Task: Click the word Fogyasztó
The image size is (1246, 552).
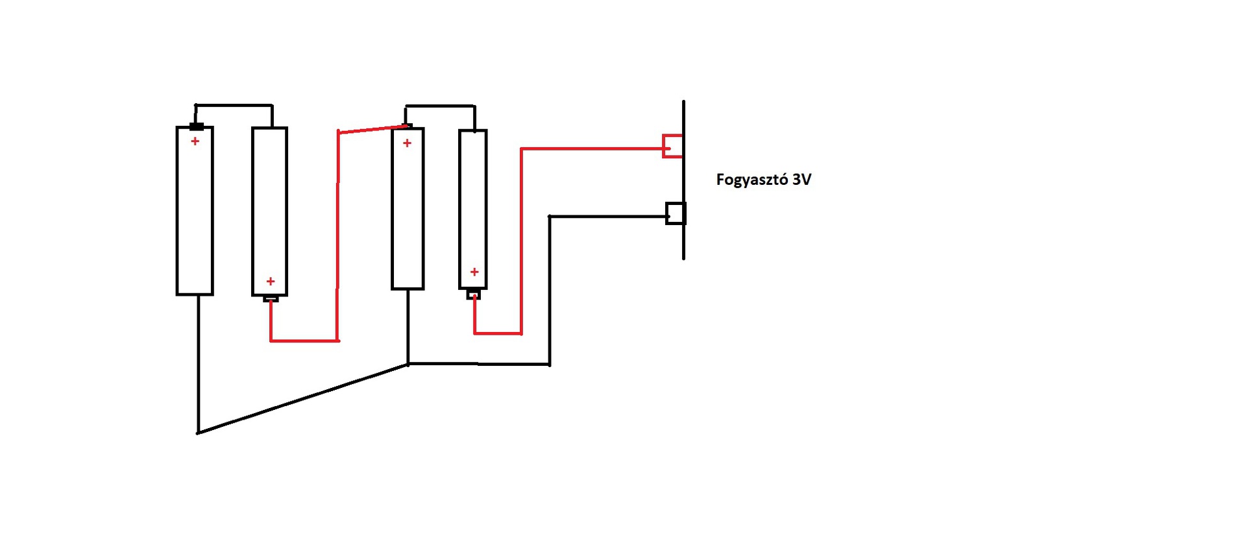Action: (x=751, y=180)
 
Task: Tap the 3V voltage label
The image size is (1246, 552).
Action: (x=801, y=180)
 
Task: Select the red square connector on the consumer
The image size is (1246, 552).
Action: (x=672, y=146)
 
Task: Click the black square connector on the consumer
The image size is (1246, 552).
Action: (x=676, y=213)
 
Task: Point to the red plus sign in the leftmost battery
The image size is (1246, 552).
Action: (x=195, y=141)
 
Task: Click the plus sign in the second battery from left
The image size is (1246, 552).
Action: (x=271, y=281)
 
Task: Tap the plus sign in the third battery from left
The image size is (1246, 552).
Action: (x=407, y=143)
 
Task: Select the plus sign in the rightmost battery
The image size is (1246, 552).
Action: (x=474, y=272)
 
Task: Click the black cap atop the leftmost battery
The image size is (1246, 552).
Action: (x=196, y=126)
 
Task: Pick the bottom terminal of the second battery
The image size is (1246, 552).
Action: (x=271, y=298)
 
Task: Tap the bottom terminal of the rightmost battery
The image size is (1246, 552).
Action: (x=474, y=294)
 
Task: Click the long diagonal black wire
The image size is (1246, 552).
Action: (x=302, y=399)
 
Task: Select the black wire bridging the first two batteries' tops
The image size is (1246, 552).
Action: (x=234, y=105)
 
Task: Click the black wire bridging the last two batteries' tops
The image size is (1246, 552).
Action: (x=440, y=106)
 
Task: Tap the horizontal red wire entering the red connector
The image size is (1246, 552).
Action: (x=591, y=149)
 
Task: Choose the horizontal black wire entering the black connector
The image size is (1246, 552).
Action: (x=607, y=217)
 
